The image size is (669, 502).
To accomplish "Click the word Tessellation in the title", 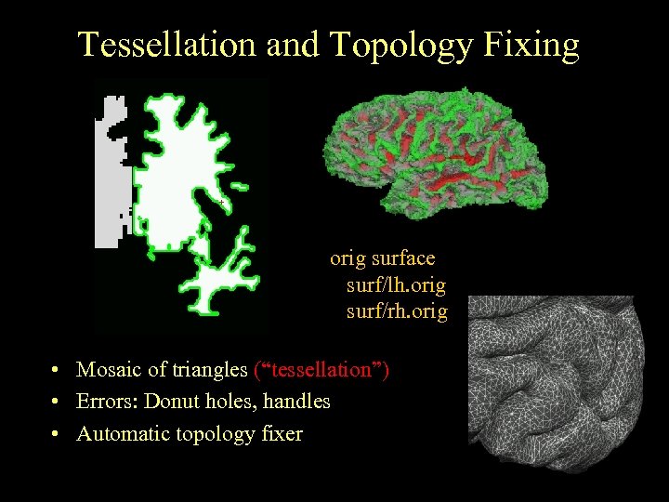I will pos(166,45).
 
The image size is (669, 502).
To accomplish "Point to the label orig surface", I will pos(382,258).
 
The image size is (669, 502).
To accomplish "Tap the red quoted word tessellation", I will pos(321,370).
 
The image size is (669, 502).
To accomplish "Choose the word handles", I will pos(295,402).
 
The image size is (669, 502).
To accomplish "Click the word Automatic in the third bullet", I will pos(122,433).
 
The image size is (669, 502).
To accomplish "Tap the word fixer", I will pos(279,433).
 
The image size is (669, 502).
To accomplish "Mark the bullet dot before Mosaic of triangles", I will pos(58,371).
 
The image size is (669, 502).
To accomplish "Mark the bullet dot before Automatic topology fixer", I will pos(58,434).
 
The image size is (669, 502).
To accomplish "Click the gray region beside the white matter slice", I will pos(110,177).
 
